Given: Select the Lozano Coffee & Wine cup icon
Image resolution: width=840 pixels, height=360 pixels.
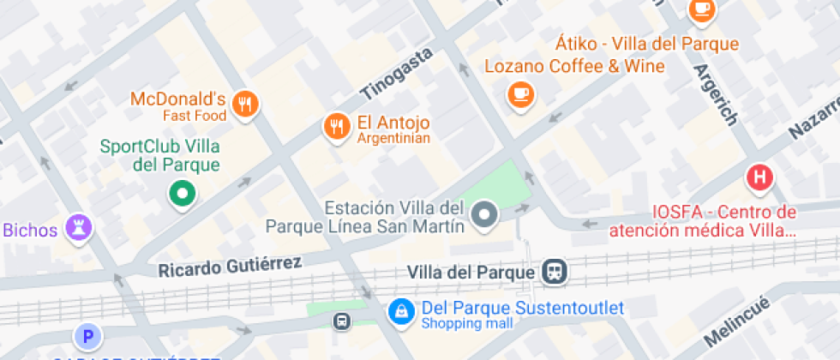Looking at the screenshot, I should tap(520, 94).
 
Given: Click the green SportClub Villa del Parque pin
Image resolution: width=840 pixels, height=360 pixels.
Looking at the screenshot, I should tap(182, 193).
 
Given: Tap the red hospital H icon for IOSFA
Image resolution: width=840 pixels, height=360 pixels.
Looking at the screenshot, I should tap(759, 178).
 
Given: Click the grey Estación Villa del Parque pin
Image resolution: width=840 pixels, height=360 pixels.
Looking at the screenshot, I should tap(485, 214).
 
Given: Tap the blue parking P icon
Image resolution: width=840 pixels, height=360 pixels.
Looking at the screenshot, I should tap(87, 336).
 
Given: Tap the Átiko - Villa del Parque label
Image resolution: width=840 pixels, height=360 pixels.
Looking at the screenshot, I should tap(647, 44).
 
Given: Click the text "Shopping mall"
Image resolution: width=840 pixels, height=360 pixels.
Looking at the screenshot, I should tap(467, 324).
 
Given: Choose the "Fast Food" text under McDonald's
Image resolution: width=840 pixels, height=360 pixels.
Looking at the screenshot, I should tap(195, 116).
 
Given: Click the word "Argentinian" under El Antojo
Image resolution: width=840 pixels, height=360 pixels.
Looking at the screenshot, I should tap(393, 139).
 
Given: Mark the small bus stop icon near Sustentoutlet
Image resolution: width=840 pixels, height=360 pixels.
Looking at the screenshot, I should tap(341, 321).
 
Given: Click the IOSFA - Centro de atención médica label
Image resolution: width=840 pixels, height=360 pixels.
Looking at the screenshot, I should tap(702, 221).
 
